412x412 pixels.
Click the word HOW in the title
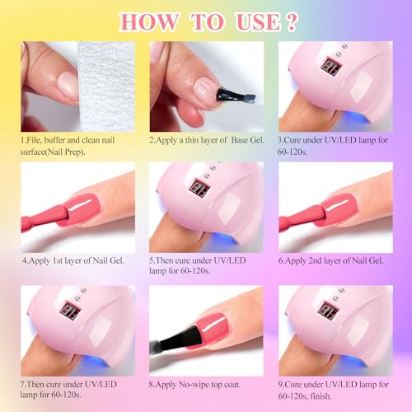[149, 22]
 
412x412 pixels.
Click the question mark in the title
[292, 22]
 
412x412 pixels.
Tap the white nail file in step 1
[106, 87]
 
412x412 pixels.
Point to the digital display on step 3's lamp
[331, 67]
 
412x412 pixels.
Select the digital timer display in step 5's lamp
[199, 188]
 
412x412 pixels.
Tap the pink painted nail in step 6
[340, 209]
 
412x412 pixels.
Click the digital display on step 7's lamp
[70, 311]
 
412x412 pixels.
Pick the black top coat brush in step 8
[176, 340]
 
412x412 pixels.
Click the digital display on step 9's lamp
[329, 311]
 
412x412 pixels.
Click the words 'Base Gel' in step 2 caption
[247, 140]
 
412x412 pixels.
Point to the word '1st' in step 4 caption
[57, 260]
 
